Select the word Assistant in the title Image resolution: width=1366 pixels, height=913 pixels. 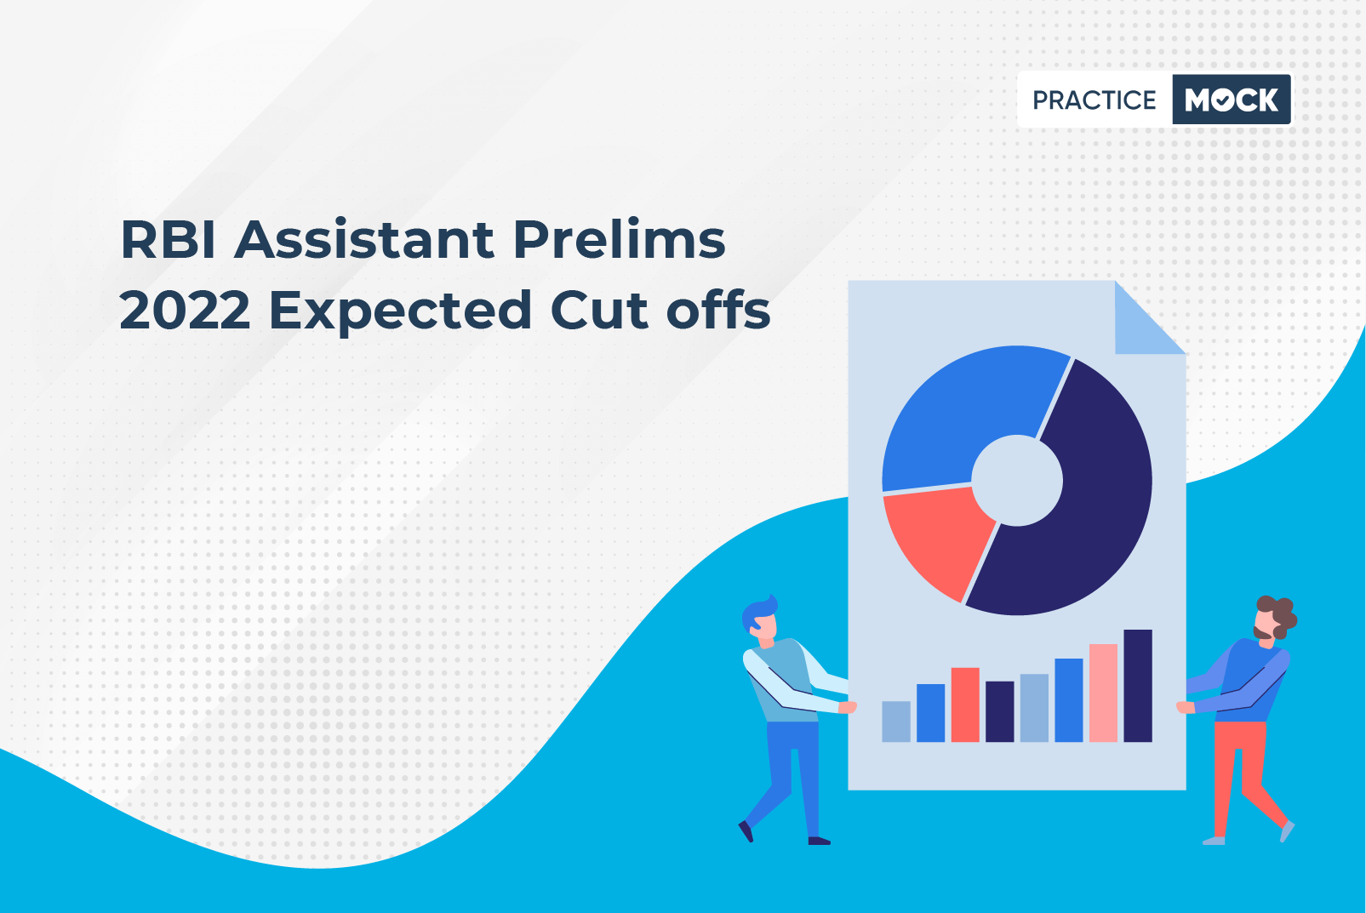pos(364,239)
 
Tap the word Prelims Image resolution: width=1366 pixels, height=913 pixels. pos(619,239)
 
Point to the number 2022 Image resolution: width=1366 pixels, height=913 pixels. pos(185,310)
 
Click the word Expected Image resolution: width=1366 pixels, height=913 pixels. pos(400,312)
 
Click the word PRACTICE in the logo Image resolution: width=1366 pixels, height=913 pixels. pos(1094,100)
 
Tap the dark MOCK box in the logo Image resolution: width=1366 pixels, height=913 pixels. pos(1232,100)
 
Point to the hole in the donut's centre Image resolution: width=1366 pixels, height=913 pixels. pos(1016,480)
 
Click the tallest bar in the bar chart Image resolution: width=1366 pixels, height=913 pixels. pos(1138,686)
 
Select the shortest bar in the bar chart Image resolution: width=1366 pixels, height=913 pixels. pos(896,722)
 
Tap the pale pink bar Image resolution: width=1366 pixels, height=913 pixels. pos(1103,693)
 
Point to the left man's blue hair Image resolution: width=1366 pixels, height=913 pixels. pos(758,611)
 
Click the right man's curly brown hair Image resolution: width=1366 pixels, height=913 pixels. pos(1279,613)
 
